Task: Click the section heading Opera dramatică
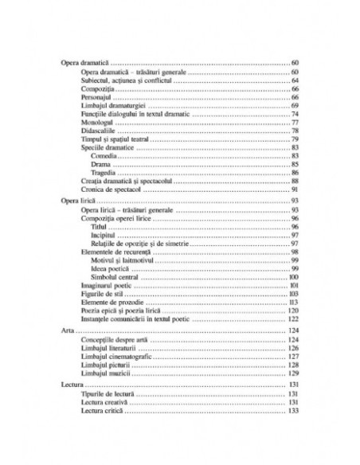coord(87,62)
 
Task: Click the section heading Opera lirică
coord(80,202)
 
